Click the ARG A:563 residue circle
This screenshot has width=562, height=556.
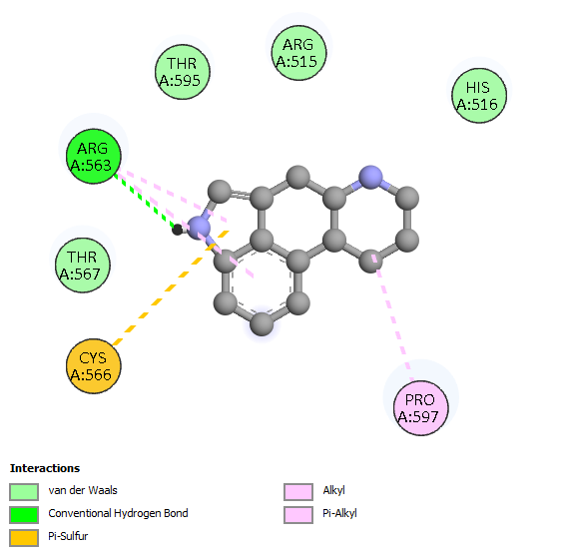[x=94, y=157]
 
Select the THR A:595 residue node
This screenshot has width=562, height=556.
[x=182, y=72]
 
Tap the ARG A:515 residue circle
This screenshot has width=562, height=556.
[x=298, y=53]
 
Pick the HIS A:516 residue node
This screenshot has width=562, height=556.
[x=479, y=96]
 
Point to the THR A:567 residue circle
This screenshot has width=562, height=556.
[x=83, y=266]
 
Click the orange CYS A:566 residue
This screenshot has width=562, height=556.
[x=94, y=366]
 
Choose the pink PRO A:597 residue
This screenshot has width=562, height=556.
[x=421, y=408]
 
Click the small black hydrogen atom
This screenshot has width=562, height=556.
[x=177, y=230]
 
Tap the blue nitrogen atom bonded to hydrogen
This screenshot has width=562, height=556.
[x=199, y=228]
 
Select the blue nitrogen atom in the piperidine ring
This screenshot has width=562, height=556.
[x=370, y=177]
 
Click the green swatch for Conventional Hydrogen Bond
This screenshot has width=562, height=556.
[x=24, y=515]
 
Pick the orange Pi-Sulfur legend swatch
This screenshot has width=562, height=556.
[x=24, y=538]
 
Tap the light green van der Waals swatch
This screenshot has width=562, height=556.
[x=24, y=492]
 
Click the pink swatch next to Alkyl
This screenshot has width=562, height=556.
[x=298, y=492]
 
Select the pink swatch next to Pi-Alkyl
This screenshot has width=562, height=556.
[x=298, y=515]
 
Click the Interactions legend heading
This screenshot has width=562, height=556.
[x=45, y=468]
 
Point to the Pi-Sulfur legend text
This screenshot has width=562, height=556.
[x=68, y=536]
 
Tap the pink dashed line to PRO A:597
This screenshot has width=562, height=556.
[x=393, y=317]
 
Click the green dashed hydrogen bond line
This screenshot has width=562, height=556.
[x=146, y=202]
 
